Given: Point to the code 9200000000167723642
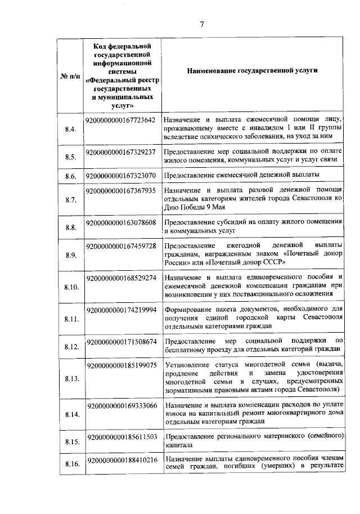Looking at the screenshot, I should pos(120,120).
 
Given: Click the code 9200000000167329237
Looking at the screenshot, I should pos(120,152).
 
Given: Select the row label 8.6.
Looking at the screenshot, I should pos(71,177).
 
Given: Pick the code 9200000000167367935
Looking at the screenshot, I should pos(120,191).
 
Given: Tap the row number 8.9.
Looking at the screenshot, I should pos(71,256).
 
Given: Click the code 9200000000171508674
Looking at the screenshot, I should pos(120,342).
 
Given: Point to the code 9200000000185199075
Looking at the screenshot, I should pos(120,365).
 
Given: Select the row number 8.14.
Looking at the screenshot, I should pos(71,415).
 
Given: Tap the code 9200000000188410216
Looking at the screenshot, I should pos(120,460).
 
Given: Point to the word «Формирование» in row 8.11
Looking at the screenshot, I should pos(191,310).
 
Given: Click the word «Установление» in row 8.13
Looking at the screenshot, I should pos(190,365).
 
